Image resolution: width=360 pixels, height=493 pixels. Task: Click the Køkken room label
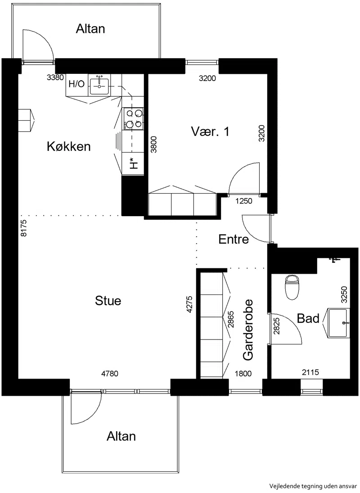(x=69, y=146)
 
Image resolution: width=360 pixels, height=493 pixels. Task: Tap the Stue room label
(x=108, y=301)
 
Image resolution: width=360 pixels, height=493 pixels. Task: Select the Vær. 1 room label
(x=210, y=131)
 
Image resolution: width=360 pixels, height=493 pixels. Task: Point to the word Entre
(x=234, y=239)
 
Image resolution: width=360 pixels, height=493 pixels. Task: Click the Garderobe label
(x=248, y=330)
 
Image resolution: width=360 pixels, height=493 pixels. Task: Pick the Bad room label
(x=308, y=318)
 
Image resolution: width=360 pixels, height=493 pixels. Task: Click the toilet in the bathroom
(x=292, y=287)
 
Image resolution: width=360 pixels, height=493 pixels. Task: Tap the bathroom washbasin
(x=339, y=323)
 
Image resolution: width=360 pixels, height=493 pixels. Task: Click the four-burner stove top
(x=133, y=118)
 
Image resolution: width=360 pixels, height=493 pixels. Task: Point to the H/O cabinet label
(x=76, y=84)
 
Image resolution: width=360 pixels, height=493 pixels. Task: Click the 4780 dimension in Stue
(x=110, y=374)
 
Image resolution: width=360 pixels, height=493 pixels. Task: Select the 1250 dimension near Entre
(x=244, y=201)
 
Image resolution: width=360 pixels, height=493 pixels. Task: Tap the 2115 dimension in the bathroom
(x=310, y=372)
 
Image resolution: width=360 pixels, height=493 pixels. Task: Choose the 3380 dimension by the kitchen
(x=55, y=77)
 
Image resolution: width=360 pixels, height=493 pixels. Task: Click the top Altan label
(x=90, y=29)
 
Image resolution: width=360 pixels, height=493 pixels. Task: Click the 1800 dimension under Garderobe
(x=243, y=374)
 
